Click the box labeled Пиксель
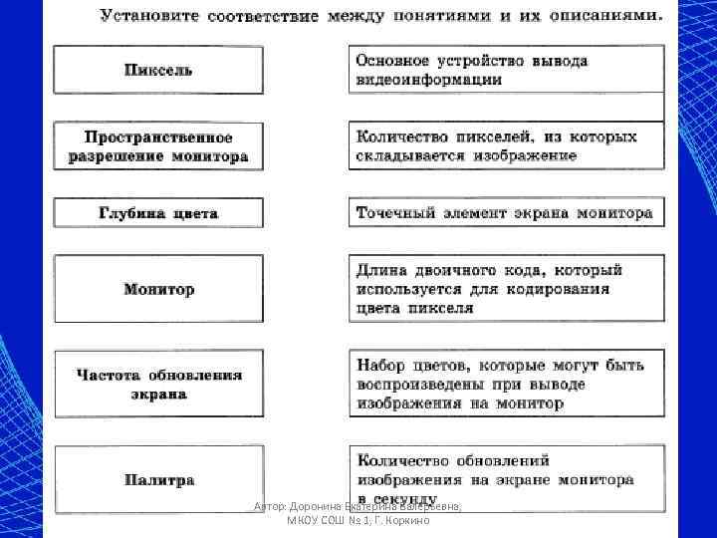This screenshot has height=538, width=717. [x=158, y=70]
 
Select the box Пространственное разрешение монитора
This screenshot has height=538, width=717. [x=158, y=146]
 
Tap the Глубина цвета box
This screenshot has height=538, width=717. [x=158, y=213]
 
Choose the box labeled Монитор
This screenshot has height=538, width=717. [x=158, y=289]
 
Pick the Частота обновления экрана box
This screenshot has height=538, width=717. [x=158, y=384]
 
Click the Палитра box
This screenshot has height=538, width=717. [x=158, y=480]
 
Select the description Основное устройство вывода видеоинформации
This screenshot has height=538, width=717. [x=506, y=69]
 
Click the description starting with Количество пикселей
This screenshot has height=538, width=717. [x=506, y=145]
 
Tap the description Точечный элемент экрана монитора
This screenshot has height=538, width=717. [x=506, y=212]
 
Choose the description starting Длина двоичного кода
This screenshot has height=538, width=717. [x=506, y=288]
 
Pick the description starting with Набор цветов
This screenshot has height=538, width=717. [x=506, y=384]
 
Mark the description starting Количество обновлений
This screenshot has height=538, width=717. [x=506, y=478]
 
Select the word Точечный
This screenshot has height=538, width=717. [x=395, y=212]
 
